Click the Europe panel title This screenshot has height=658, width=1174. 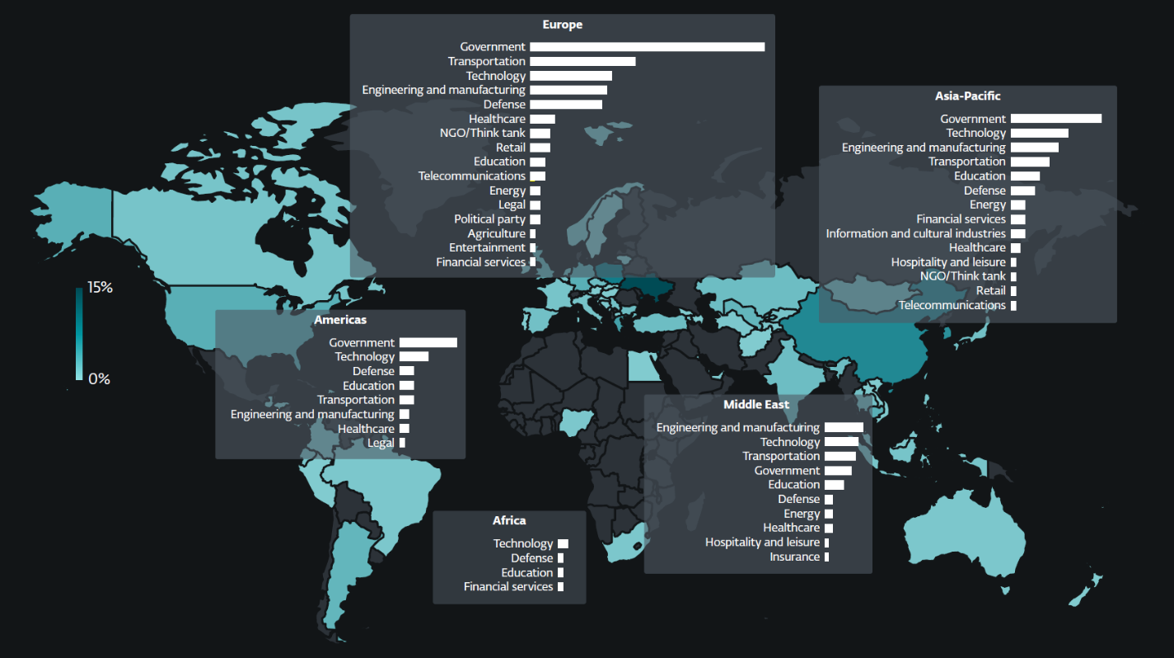562,25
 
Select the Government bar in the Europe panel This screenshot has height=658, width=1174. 647,47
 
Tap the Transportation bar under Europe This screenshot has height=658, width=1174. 582,61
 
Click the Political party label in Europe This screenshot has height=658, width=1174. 489,219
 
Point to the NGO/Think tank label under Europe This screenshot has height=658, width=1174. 482,133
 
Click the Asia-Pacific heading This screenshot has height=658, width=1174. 967,96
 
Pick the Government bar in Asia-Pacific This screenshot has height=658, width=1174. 1055,119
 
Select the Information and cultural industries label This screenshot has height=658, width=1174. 915,233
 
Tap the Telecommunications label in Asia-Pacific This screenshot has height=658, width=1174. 952,305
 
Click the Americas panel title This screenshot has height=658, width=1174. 340,319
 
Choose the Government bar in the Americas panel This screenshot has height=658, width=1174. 428,342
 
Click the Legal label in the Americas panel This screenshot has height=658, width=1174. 381,443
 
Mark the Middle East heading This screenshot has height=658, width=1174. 756,405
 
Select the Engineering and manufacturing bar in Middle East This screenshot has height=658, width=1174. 844,427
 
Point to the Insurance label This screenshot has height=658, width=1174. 794,557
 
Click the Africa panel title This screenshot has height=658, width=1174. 509,520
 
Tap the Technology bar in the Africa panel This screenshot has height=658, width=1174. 563,543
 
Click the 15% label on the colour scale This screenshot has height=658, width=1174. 100,288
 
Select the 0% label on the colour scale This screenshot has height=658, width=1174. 99,379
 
